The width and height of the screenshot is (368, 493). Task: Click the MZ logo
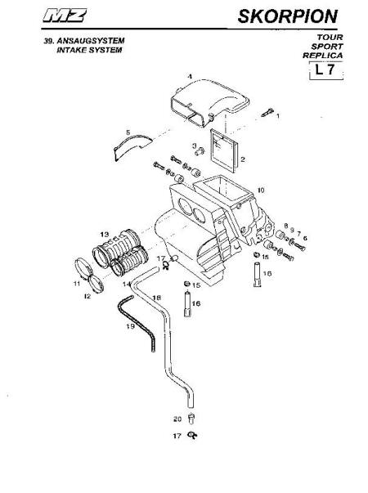pyautogui.click(x=65, y=16)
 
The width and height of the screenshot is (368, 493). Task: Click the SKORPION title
pyautogui.click(x=288, y=16)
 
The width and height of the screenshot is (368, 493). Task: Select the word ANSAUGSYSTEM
pyautogui.click(x=91, y=41)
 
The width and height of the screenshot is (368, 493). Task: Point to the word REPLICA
pyautogui.click(x=323, y=56)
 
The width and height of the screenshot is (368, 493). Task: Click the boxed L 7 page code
pyautogui.click(x=325, y=70)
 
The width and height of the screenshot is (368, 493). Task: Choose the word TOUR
pyautogui.click(x=330, y=37)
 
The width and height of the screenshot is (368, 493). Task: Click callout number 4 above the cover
pyautogui.click(x=190, y=76)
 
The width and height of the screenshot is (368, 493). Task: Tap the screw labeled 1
pyautogui.click(x=267, y=112)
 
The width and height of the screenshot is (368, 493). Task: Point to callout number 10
pyautogui.click(x=261, y=190)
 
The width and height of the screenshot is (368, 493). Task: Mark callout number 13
pyautogui.click(x=105, y=235)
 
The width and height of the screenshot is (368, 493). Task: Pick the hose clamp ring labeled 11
pyautogui.click(x=83, y=268)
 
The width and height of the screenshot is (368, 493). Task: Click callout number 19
pyautogui.click(x=130, y=326)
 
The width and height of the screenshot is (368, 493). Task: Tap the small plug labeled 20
pyautogui.click(x=191, y=419)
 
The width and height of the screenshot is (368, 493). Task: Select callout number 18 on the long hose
pyautogui.click(x=157, y=298)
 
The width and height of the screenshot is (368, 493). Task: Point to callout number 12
pyautogui.click(x=88, y=296)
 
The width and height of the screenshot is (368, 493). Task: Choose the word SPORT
pyautogui.click(x=327, y=47)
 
